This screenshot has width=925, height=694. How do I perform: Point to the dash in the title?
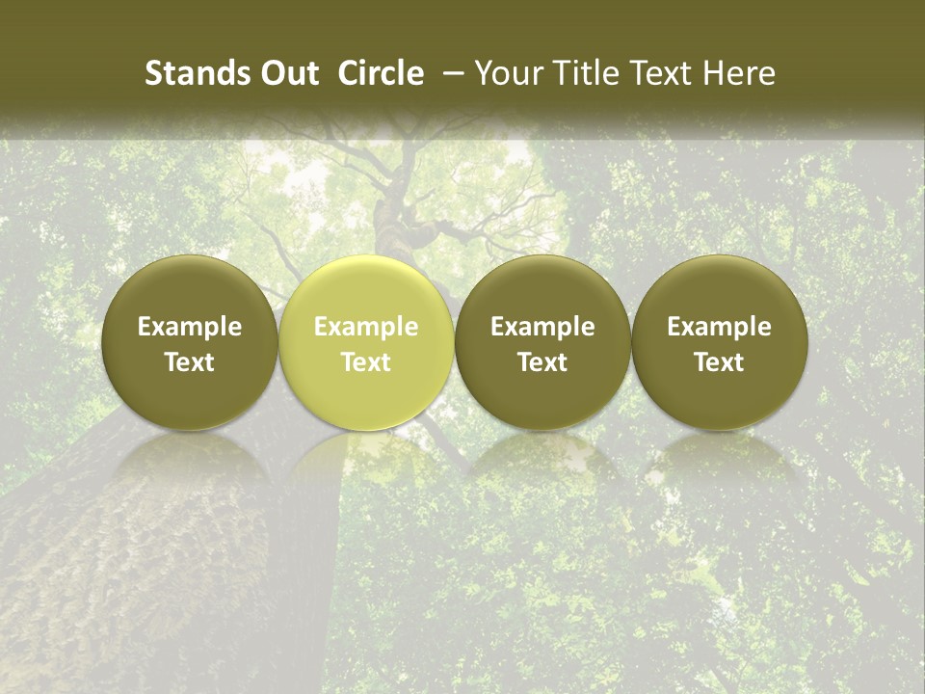[x=450, y=73]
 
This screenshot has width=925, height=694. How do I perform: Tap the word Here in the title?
[x=741, y=73]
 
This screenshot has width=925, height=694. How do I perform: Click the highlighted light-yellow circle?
[x=366, y=341]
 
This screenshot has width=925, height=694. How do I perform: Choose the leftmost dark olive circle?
[x=189, y=341]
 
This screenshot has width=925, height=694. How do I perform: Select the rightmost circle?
[x=719, y=341]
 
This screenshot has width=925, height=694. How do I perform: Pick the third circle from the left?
[x=542, y=341]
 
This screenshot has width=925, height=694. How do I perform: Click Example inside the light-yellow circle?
[x=366, y=327]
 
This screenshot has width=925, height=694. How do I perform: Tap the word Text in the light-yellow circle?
[x=366, y=362]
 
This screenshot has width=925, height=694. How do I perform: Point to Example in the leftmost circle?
[x=189, y=327]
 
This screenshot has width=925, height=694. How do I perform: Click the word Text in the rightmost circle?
[x=719, y=362]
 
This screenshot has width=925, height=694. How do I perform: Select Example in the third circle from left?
[x=542, y=327]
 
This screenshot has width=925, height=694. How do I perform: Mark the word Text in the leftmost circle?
[x=189, y=362]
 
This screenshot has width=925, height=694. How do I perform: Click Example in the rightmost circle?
[x=719, y=327]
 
